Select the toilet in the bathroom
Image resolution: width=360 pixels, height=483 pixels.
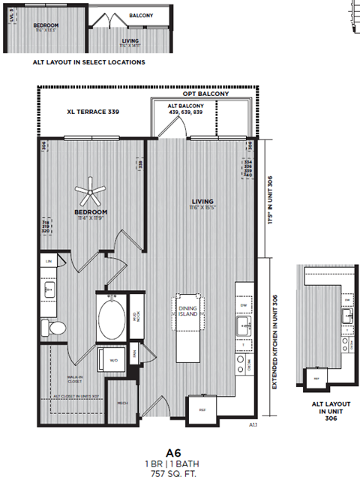point(55,327)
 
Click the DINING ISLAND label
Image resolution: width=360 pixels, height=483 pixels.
point(187,309)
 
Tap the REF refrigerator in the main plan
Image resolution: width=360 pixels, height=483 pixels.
point(202,409)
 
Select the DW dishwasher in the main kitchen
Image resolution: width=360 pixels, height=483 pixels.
point(244,305)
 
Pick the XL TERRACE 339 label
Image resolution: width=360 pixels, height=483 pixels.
point(93,112)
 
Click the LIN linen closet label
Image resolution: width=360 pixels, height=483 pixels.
point(49,260)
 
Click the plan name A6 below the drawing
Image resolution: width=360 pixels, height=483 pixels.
point(174,453)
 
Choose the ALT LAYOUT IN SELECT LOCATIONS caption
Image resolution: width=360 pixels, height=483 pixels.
point(89,62)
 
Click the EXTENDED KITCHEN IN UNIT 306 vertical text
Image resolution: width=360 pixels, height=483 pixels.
point(274,340)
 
